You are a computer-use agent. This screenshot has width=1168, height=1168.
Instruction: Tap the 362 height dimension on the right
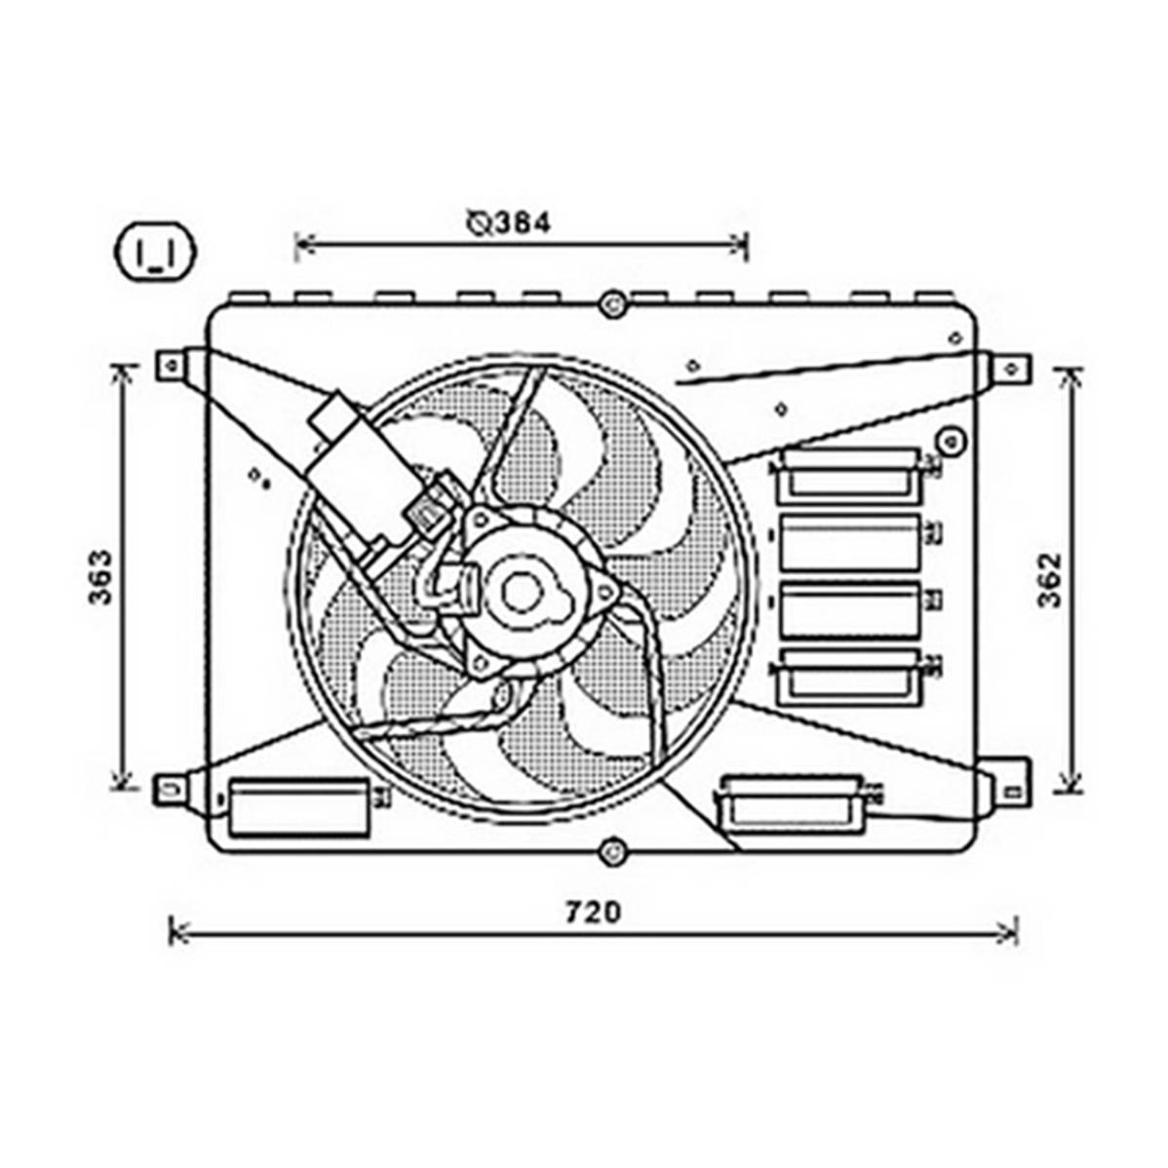click(x=1050, y=579)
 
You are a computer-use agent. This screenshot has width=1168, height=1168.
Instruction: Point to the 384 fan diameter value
click(x=523, y=222)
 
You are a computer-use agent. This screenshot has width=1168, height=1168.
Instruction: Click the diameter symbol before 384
click(x=479, y=222)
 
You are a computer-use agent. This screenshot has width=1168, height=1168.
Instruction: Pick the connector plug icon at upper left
click(x=154, y=252)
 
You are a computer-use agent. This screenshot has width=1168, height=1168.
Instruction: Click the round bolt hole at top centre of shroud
click(x=611, y=304)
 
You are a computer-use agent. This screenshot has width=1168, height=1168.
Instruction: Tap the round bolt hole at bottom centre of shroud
click(x=611, y=850)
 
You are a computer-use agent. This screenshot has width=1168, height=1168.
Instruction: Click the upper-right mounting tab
click(x=1005, y=368)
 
